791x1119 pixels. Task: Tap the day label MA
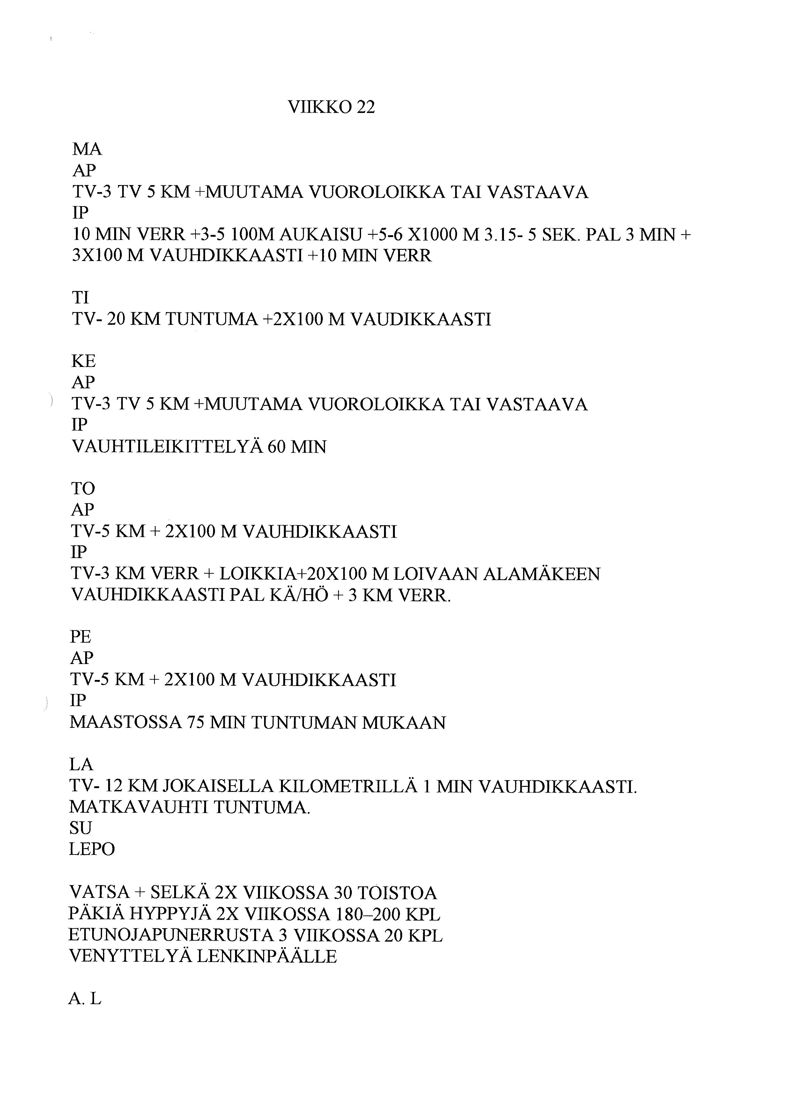pos(87,149)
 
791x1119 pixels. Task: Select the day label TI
pos(80,297)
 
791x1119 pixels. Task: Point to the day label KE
pos(84,361)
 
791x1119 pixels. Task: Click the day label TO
pos(83,488)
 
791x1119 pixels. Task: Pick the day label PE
pos(81,637)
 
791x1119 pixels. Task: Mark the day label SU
pos(80,828)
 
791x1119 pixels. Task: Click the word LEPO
pos(92,849)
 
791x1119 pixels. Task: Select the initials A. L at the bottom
pos(85,999)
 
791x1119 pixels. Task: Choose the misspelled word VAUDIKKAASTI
pos(421,319)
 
